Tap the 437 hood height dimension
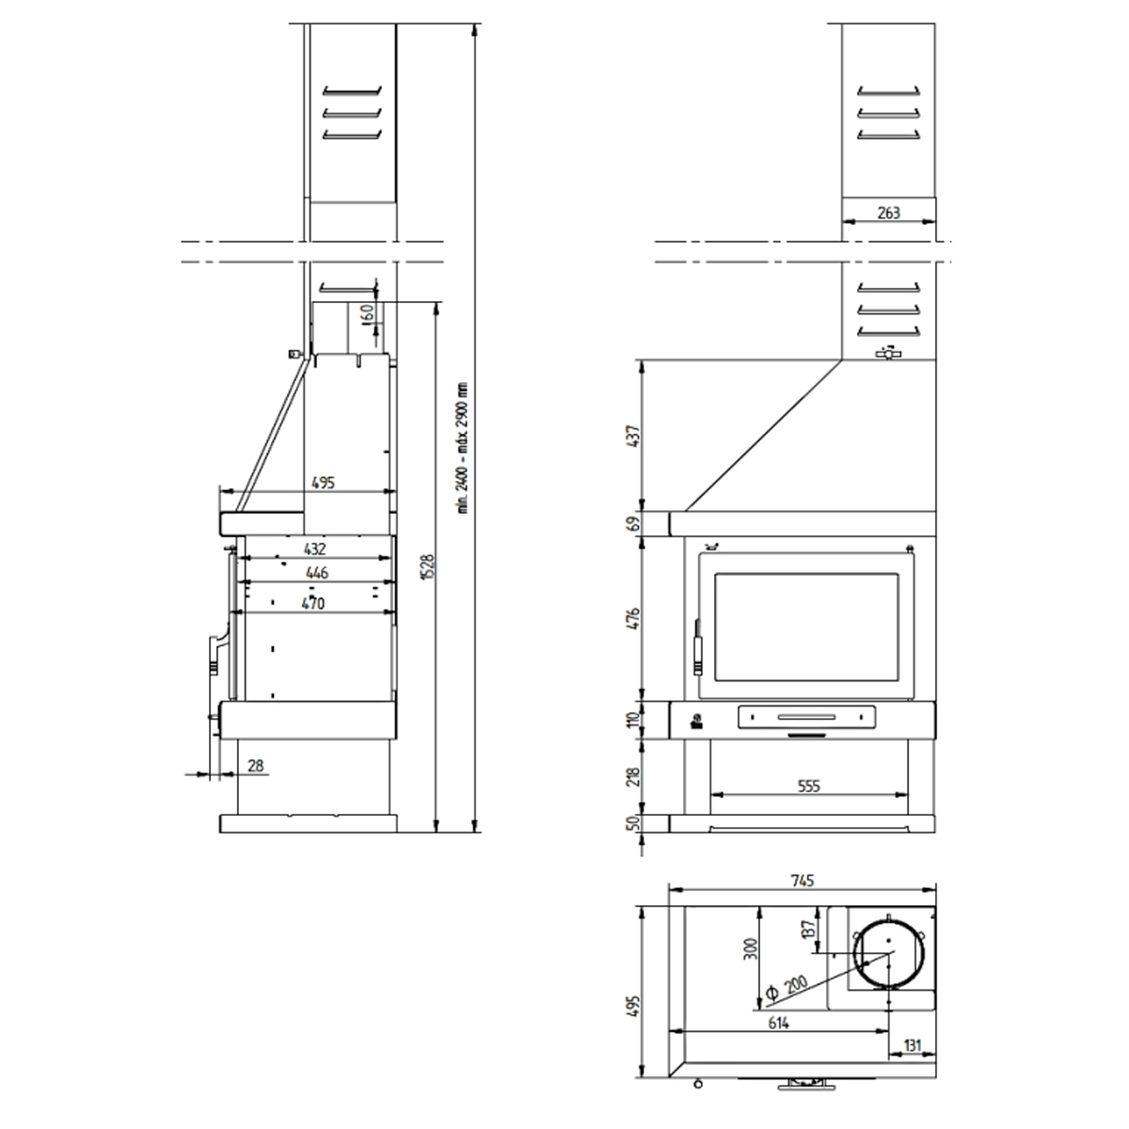(633, 436)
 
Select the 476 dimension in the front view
(633, 619)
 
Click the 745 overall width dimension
(802, 881)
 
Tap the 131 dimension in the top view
(912, 1044)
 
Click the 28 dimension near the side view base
(255, 767)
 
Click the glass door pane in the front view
(809, 626)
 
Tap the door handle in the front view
(698, 646)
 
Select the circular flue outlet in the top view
(889, 953)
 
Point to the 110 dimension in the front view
(633, 720)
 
